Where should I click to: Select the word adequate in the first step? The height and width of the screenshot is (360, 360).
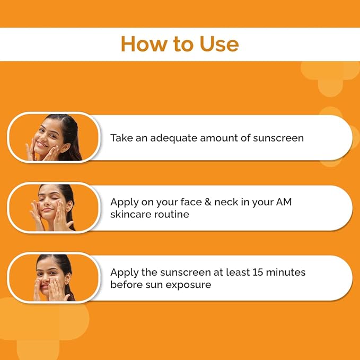pos(172,138)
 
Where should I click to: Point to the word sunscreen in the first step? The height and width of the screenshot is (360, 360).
pos(278,138)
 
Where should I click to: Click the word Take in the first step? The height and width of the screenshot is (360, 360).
pos(120,138)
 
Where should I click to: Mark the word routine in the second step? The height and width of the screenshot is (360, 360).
pos(173,214)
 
